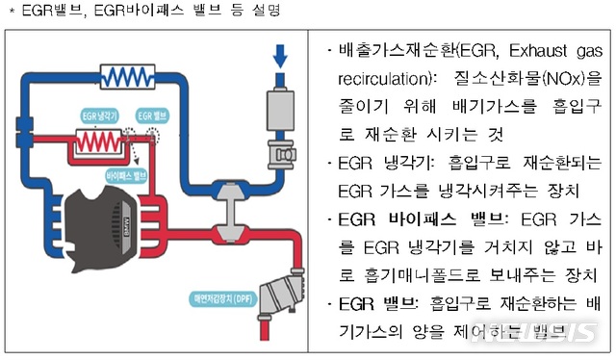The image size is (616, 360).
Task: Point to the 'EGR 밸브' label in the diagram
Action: (x=152, y=113)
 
